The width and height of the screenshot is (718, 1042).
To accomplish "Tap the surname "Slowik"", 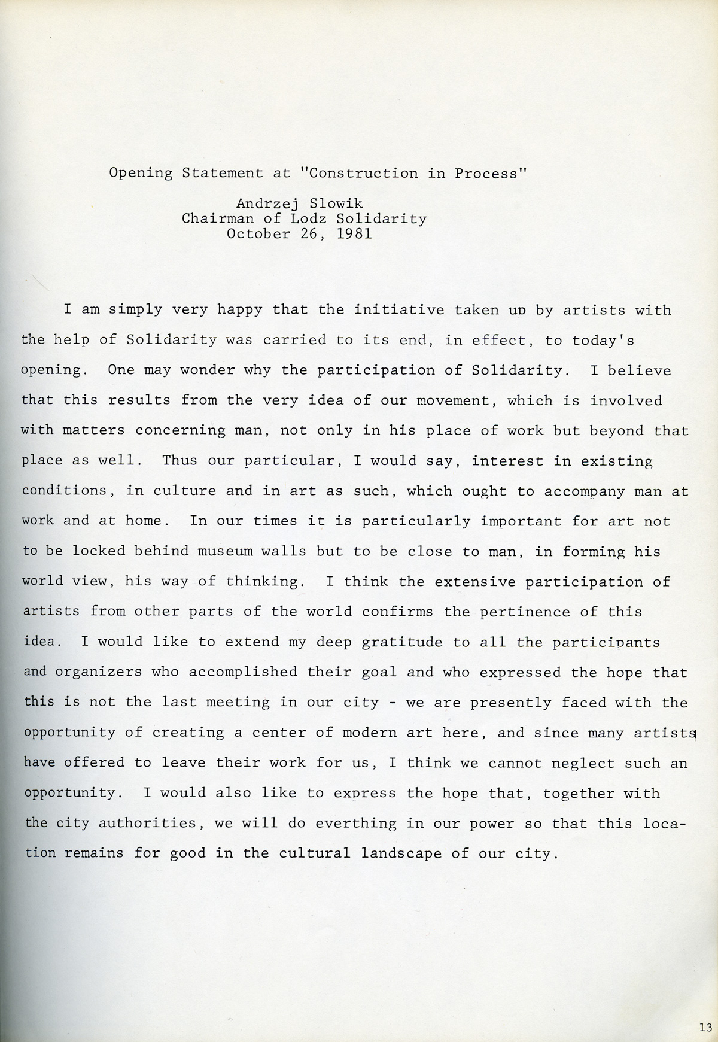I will point(338,204).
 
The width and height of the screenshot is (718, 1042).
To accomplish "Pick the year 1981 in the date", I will point(354,233).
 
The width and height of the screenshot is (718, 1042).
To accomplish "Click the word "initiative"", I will point(399,310).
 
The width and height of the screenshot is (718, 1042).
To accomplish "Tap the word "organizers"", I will point(98,672).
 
